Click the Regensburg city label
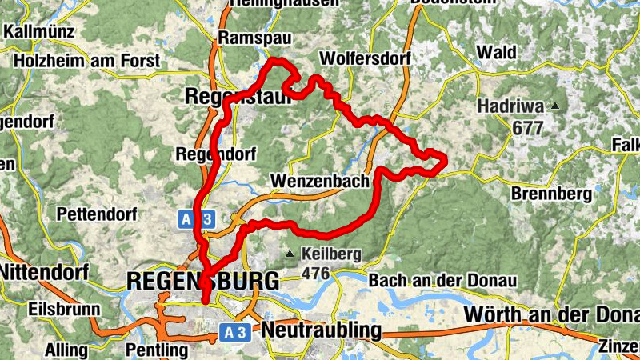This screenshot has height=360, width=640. [203, 281]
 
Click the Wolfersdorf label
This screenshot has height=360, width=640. [364, 58]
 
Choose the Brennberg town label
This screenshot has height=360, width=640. [551, 194]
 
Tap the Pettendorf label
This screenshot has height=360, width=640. [98, 214]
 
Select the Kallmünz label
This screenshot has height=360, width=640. [39, 32]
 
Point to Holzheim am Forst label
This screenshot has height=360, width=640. [86, 60]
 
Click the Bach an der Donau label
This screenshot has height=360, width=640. [442, 281]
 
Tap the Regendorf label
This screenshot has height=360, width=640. [207, 154]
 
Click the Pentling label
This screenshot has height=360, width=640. [157, 350]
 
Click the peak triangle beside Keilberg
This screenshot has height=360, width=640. [290, 254]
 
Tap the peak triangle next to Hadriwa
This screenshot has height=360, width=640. [554, 106]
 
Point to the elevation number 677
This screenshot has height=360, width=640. [529, 127]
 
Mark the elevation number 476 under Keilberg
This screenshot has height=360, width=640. [317, 274]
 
